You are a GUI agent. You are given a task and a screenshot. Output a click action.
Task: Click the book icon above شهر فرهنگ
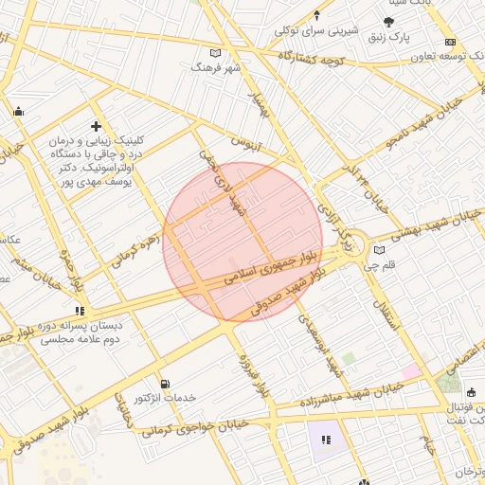[216, 54]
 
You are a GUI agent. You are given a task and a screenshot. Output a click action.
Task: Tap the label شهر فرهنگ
[210, 68]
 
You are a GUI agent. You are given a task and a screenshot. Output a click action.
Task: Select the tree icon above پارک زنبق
[388, 21]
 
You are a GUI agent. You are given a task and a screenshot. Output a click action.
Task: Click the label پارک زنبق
[386, 37]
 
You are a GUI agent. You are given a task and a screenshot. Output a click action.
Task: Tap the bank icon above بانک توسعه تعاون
[450, 42]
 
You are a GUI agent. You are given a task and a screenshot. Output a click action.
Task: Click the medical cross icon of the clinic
[95, 125]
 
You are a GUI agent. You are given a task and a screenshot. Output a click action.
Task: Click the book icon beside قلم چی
[379, 250]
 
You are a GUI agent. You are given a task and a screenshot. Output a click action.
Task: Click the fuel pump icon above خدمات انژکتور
[166, 385]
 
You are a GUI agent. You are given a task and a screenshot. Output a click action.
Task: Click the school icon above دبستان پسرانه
[81, 310]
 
